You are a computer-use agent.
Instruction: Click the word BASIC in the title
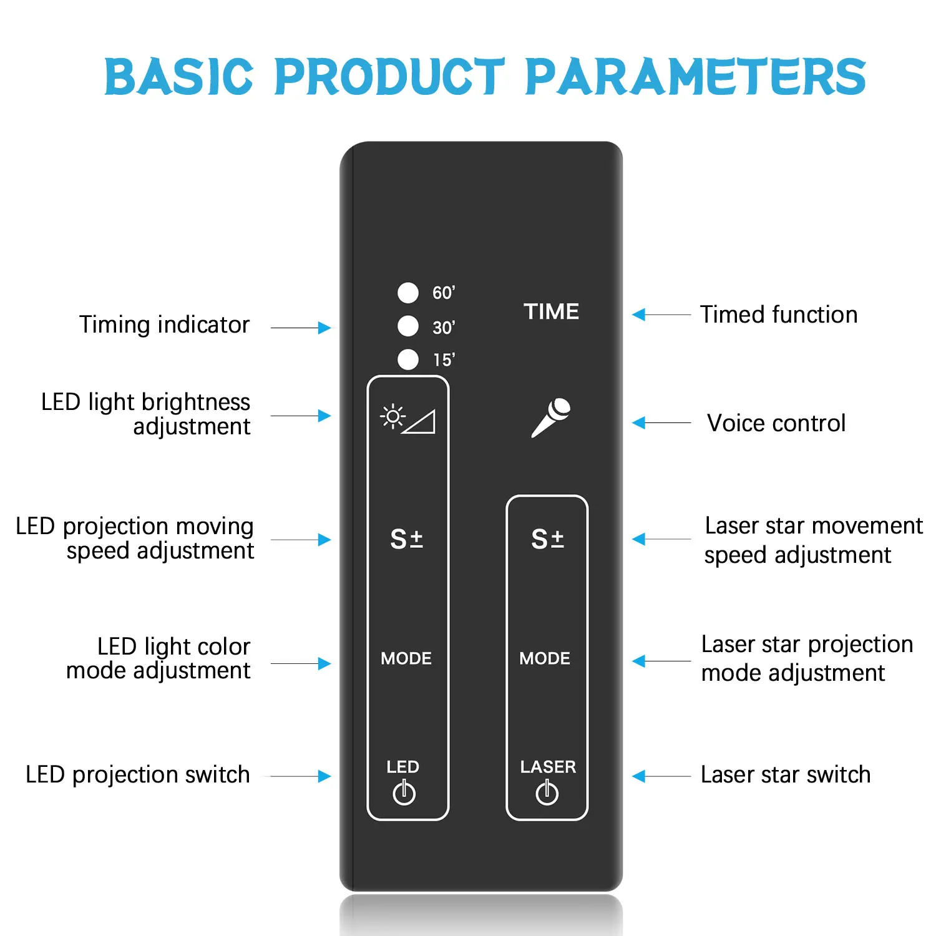pos(179,77)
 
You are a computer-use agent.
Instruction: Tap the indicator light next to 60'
pos(408,292)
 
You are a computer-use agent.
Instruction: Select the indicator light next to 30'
pos(408,326)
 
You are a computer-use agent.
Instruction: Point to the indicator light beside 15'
pos(408,359)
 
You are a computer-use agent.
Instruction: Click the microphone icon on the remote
pos(551,417)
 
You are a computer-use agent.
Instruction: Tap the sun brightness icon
pos(392,416)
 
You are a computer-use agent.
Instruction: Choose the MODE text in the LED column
pos(406,658)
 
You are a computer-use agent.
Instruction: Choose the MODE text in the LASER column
pos(545,658)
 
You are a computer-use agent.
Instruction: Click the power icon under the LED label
pos(404,792)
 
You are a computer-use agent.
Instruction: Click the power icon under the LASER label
pos(547,792)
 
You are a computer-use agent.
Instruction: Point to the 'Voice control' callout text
pos(776,423)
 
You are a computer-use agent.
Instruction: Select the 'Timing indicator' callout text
pos(164,324)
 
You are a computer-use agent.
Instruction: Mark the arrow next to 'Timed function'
pos(661,314)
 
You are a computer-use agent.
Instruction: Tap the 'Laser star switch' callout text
pos(785,774)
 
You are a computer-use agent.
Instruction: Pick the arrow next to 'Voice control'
pos(661,423)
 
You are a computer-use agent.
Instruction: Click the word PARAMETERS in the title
pos(696,77)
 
